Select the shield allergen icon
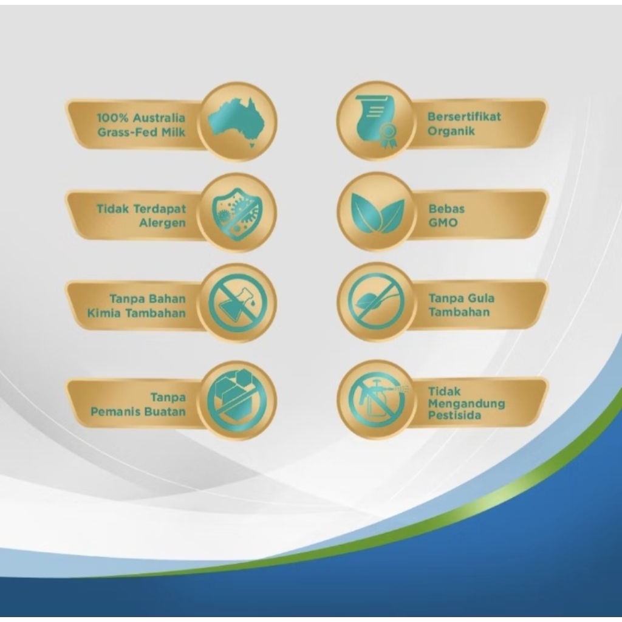tap(236, 213)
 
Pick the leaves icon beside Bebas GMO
tap(377, 211)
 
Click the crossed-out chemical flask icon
tap(238, 304)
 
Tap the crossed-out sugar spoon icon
tap(377, 302)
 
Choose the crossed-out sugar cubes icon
tap(237, 401)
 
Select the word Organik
tap(451, 131)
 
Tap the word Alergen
tap(162, 223)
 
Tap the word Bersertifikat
tap(464, 117)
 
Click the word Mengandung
tap(466, 404)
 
